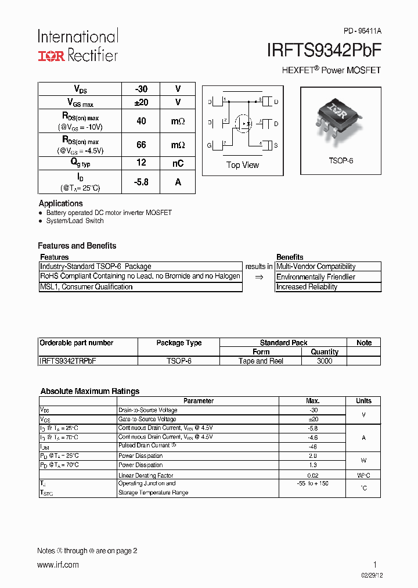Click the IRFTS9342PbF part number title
click(323, 51)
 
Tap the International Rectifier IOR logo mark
click(52, 56)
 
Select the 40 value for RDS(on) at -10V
click(141, 121)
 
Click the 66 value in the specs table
click(141, 145)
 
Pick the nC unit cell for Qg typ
click(178, 163)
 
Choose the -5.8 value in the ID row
click(141, 182)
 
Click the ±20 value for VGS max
click(141, 102)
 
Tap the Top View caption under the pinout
click(243, 165)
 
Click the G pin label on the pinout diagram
click(210, 145)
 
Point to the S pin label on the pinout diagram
click(276, 145)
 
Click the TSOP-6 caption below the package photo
click(341, 160)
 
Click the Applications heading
click(61, 203)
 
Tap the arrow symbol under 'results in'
click(259, 277)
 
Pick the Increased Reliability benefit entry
click(307, 287)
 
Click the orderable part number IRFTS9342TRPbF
click(68, 361)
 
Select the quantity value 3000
click(325, 361)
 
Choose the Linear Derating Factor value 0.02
click(312, 475)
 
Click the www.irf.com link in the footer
click(58, 565)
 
